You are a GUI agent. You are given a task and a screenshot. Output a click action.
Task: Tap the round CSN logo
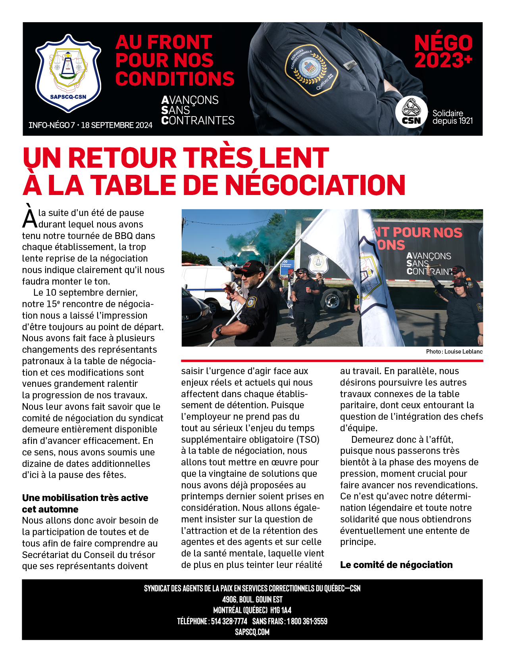[x=411, y=112]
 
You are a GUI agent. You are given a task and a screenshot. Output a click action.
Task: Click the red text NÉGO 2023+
[x=443, y=52]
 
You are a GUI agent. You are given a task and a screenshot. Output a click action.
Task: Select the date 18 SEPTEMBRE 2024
[x=117, y=125]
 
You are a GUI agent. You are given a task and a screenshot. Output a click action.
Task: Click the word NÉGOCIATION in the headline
[x=316, y=185]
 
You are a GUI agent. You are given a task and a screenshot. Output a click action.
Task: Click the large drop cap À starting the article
[x=29, y=217]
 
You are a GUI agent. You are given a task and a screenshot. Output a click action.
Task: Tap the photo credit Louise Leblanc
[x=463, y=352]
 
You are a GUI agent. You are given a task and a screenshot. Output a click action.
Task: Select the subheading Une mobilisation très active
[x=85, y=498]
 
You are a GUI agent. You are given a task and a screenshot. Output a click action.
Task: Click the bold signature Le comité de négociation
[x=396, y=565]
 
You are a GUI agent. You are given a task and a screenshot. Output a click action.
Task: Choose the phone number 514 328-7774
[x=229, y=621]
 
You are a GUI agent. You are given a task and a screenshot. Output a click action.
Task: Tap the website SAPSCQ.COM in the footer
[x=252, y=632]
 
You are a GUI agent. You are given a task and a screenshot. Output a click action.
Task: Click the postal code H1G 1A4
[x=281, y=610]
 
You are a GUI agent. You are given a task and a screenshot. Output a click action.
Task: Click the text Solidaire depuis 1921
[x=452, y=117]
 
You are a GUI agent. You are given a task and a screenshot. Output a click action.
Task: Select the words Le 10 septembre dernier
[x=85, y=293]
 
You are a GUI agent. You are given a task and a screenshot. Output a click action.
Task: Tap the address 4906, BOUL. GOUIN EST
[x=252, y=599]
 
